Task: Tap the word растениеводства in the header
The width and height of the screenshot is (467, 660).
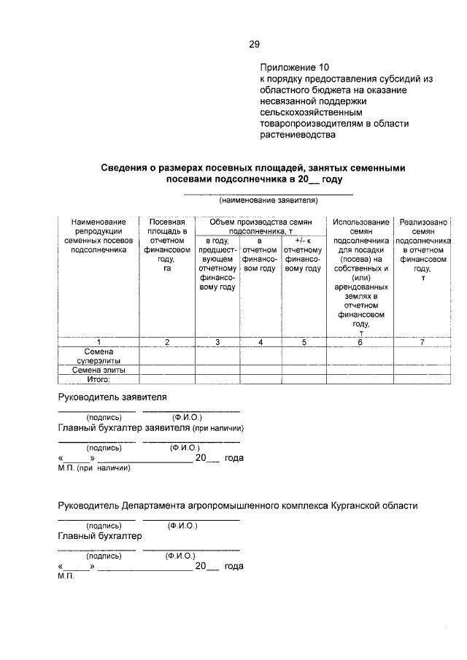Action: tap(297, 135)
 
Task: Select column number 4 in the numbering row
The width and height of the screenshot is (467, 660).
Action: tap(260, 342)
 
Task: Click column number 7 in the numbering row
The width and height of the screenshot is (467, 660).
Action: tap(423, 342)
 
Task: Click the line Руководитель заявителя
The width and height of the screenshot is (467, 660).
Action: tap(113, 397)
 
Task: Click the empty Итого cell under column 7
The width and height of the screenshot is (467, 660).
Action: tap(423, 379)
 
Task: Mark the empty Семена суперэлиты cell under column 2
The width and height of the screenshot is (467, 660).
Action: tap(168, 356)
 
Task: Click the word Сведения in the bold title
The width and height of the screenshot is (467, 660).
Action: tap(126, 168)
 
